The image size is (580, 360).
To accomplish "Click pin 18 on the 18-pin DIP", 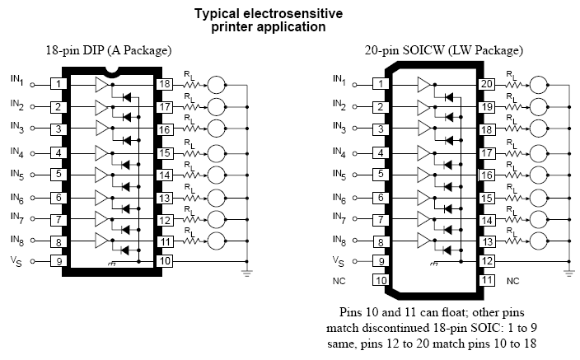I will tap(165, 84).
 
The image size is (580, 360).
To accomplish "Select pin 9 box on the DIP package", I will tap(59, 261).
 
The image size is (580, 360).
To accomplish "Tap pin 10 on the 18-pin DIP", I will tap(165, 261).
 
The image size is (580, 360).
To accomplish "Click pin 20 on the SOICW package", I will tap(487, 84).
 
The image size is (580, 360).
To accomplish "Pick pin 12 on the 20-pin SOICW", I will tap(487, 261).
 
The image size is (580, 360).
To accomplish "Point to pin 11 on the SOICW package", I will tap(487, 280).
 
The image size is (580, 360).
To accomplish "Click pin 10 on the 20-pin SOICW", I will tap(381, 280).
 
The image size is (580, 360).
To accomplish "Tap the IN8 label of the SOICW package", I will tap(339, 239).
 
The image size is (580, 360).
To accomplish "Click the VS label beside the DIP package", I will tap(16, 261).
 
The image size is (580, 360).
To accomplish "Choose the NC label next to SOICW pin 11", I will tap(513, 281).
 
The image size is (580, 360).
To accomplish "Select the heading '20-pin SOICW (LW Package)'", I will tap(433, 50).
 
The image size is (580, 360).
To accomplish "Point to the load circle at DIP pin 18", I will tap(217, 84).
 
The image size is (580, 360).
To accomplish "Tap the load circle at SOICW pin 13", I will tap(539, 241).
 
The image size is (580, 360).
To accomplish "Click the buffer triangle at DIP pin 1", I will tap(102, 84).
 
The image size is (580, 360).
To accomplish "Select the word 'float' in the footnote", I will tap(447, 313).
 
